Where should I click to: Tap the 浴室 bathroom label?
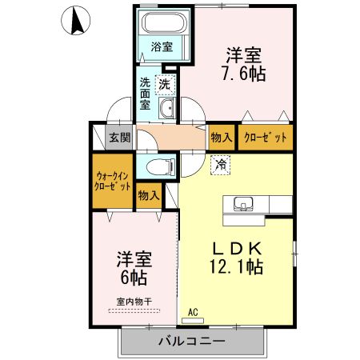pyautogui.click(x=162, y=46)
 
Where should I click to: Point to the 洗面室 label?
pyautogui.click(x=146, y=94)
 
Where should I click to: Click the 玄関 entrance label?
pyautogui.click(x=120, y=137)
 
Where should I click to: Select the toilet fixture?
pyautogui.click(x=160, y=166)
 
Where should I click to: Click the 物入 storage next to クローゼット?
pyautogui.click(x=222, y=137)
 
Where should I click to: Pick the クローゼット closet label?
pyautogui.click(x=266, y=137)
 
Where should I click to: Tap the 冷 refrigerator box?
pyautogui.click(x=218, y=166)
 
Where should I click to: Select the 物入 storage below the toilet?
pyautogui.click(x=148, y=194)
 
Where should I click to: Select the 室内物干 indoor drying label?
pyautogui.click(x=134, y=302)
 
